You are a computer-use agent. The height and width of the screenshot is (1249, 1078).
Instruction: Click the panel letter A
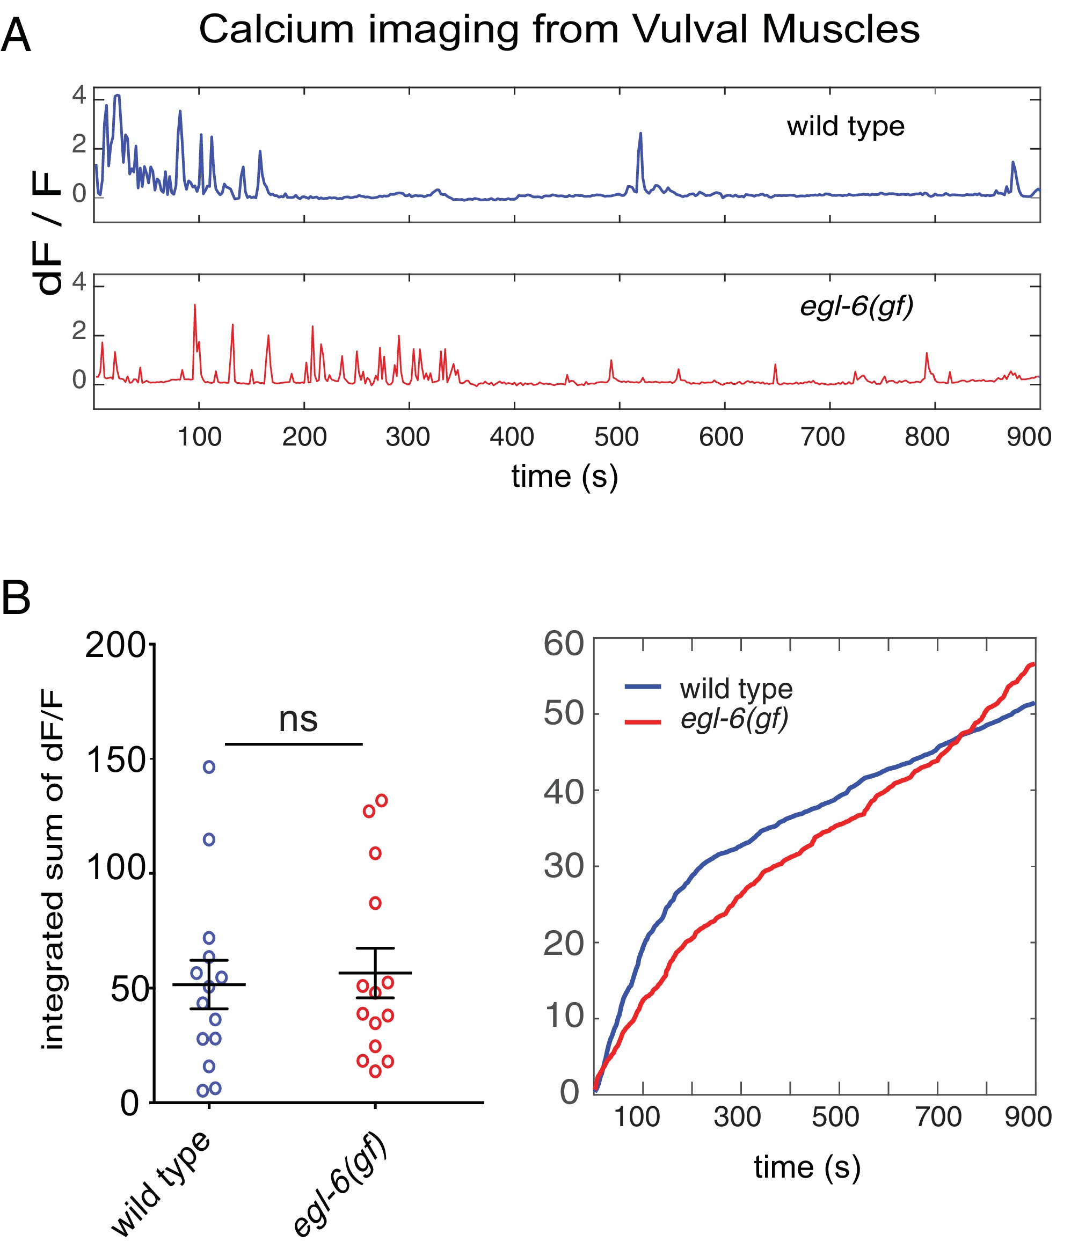[x=16, y=36]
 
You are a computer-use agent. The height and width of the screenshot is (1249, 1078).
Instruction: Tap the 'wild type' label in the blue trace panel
[x=846, y=127]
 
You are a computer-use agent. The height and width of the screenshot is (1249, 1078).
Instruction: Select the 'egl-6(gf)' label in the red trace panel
[x=856, y=306]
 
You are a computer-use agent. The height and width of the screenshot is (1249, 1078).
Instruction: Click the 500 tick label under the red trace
[x=616, y=437]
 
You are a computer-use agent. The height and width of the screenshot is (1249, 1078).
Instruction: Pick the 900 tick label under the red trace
[x=1029, y=437]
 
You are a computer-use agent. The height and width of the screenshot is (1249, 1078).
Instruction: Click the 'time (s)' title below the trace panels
[x=564, y=477]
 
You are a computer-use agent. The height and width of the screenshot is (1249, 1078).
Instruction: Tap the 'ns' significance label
[x=298, y=719]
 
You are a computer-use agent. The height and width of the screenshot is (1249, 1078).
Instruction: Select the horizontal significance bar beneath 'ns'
[x=294, y=744]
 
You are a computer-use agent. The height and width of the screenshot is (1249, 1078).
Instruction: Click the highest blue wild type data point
[x=209, y=767]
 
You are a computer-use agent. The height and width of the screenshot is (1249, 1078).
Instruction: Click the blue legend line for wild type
[x=643, y=686]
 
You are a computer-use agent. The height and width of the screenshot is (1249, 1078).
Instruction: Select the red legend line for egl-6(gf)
[x=643, y=721]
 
